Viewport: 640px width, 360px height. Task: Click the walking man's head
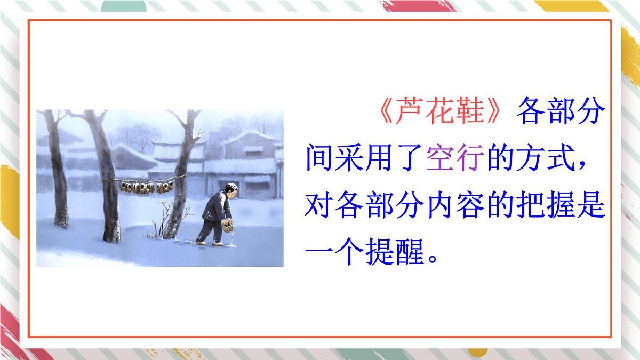230,190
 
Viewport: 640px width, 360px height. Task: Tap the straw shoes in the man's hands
228,227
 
